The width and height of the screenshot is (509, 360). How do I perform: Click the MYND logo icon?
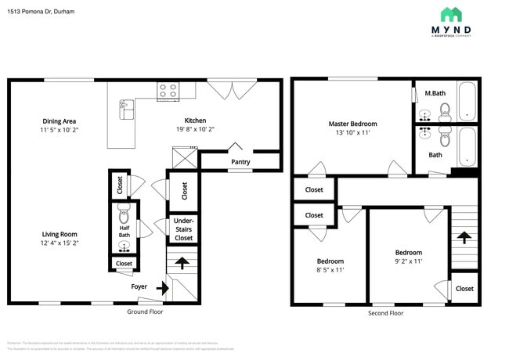pyautogui.click(x=450, y=14)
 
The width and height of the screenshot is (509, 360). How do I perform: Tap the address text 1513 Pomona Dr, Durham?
pyautogui.click(x=41, y=12)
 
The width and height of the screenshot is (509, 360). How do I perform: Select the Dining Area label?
pyautogui.click(x=59, y=121)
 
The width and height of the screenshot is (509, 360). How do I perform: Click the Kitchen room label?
pyautogui.click(x=195, y=121)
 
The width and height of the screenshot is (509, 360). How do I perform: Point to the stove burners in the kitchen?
pyautogui.click(x=167, y=90)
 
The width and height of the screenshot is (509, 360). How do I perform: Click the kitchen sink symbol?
pyautogui.click(x=126, y=109)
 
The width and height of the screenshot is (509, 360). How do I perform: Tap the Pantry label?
pyautogui.click(x=240, y=162)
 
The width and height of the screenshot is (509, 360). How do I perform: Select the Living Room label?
pyautogui.click(x=59, y=234)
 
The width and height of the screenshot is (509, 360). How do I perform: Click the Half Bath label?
pyautogui.click(x=124, y=232)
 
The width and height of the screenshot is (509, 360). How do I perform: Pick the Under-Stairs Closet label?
pyautogui.click(x=182, y=229)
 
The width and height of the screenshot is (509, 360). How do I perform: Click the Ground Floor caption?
pyautogui.click(x=145, y=311)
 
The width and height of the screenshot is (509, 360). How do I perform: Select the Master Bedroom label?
pyautogui.click(x=352, y=124)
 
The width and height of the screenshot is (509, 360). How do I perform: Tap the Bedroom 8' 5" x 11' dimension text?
pyautogui.click(x=330, y=270)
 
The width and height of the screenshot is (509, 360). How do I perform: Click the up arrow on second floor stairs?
pyautogui.click(x=464, y=237)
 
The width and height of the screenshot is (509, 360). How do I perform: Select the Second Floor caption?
pyautogui.click(x=385, y=312)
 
